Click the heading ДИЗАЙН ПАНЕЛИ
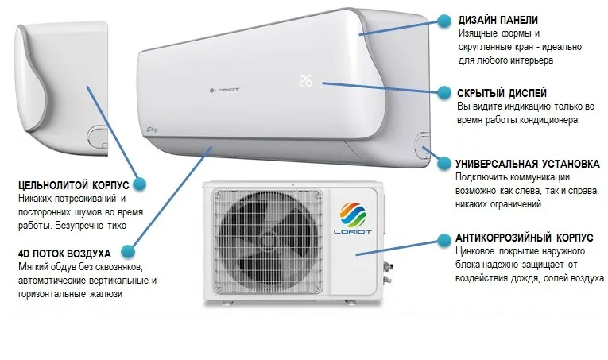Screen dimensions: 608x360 coord(498,20)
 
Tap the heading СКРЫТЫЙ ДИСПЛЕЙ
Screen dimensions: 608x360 coord(502,93)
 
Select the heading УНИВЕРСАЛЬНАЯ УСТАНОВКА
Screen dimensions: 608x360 coord(528,164)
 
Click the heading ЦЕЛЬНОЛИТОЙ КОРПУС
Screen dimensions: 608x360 coord(74,184)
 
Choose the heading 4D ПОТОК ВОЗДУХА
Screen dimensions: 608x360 coord(64,254)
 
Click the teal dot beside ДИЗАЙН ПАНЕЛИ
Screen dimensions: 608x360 coord(444,21)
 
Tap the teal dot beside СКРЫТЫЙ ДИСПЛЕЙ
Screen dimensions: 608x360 coord(444,93)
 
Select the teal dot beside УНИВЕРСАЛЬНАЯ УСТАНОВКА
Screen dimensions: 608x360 coord(444,164)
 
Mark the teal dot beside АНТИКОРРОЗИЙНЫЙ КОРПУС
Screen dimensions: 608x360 coord(444,241)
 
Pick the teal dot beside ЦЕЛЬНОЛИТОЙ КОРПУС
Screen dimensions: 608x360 coord(140,184)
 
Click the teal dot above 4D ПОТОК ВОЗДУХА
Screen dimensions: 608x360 coord(128,251)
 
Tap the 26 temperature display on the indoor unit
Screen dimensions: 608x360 coord(305,81)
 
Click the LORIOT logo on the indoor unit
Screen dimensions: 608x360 coord(224,90)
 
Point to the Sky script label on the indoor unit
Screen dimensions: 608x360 coord(152,130)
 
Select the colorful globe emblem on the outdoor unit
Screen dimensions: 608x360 coord(352,214)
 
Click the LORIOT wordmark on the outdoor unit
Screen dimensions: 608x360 coord(352,232)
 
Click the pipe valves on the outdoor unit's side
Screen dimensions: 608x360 coord(387,273)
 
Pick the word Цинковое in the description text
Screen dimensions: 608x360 coord(474,251)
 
